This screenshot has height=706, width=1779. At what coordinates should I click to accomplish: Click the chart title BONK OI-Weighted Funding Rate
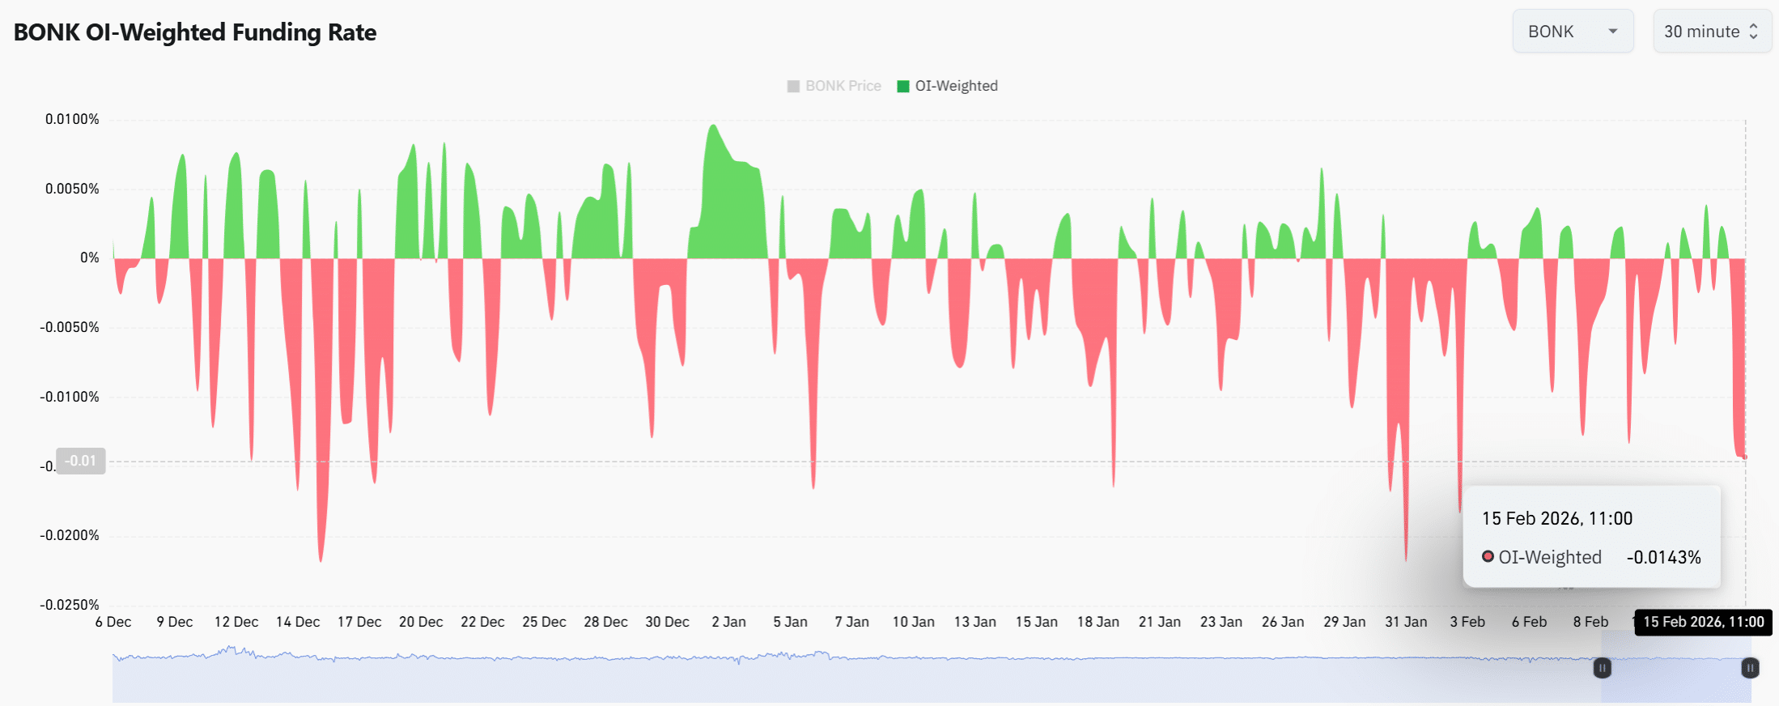click(195, 32)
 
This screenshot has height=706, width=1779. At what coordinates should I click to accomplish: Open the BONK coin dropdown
click(1572, 32)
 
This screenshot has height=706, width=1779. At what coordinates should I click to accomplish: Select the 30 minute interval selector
click(1710, 32)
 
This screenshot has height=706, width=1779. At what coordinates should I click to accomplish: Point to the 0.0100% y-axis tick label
click(72, 119)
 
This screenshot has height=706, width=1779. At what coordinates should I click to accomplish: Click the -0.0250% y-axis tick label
click(70, 605)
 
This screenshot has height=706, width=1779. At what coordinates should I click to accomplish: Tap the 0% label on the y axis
click(89, 257)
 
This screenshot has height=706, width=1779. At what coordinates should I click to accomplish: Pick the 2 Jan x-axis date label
click(728, 622)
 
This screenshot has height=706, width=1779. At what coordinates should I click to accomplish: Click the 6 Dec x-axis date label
click(113, 622)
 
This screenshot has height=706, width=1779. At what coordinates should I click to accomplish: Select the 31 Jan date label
click(1406, 622)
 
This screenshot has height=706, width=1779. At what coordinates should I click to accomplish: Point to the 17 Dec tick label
click(359, 622)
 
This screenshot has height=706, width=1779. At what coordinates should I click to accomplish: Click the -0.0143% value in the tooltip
click(1663, 557)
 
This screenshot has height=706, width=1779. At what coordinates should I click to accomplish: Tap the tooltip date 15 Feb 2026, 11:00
click(1556, 518)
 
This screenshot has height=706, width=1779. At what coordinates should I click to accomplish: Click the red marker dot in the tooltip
click(1488, 556)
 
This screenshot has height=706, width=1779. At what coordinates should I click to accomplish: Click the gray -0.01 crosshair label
click(81, 461)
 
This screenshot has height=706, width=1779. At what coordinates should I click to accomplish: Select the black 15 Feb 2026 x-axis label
click(1703, 622)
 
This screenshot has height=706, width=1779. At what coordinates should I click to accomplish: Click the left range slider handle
click(1602, 668)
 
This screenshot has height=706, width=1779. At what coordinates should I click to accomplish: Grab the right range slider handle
click(1750, 668)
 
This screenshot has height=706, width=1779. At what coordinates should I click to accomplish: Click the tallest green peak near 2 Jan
click(713, 126)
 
